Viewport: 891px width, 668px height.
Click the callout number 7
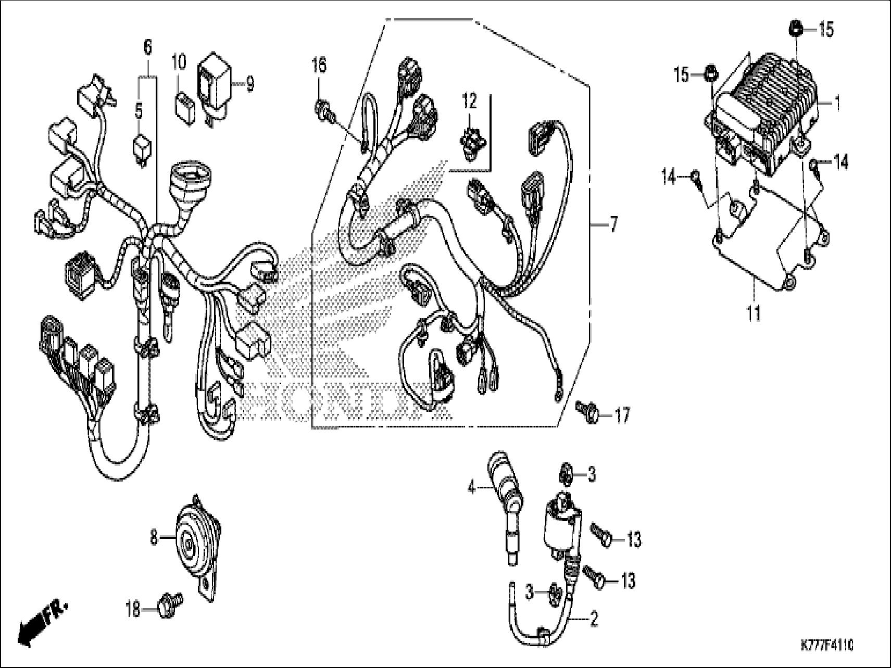[x=613, y=225]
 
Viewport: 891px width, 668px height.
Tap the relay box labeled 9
[x=214, y=86]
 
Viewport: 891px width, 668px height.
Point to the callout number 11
[x=754, y=313]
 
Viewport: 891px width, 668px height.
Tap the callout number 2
[x=594, y=620]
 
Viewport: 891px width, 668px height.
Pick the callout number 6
[x=147, y=48]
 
